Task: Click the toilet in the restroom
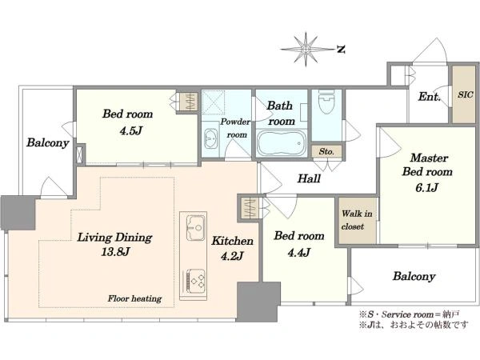pyautogui.click(x=326, y=101)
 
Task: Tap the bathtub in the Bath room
pyautogui.click(x=282, y=143)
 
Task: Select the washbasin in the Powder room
pyautogui.click(x=210, y=138)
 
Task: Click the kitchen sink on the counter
pyautogui.click(x=196, y=228)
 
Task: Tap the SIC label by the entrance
pyautogui.click(x=466, y=94)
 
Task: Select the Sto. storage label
pyautogui.click(x=326, y=151)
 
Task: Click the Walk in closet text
pyautogui.click(x=356, y=220)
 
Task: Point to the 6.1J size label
pyautogui.click(x=426, y=187)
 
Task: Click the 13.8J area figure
pyautogui.click(x=115, y=252)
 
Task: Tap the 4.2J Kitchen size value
pyautogui.click(x=232, y=255)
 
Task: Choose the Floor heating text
pyautogui.click(x=134, y=298)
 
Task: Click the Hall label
pyautogui.click(x=309, y=178)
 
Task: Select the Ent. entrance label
pyautogui.click(x=429, y=97)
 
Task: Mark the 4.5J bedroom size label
pyautogui.click(x=130, y=130)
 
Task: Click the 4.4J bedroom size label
pyautogui.click(x=298, y=252)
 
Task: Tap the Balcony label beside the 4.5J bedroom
pyautogui.click(x=47, y=142)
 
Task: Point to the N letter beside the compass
pyautogui.click(x=341, y=49)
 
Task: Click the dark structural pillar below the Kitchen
pyautogui.click(x=258, y=302)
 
